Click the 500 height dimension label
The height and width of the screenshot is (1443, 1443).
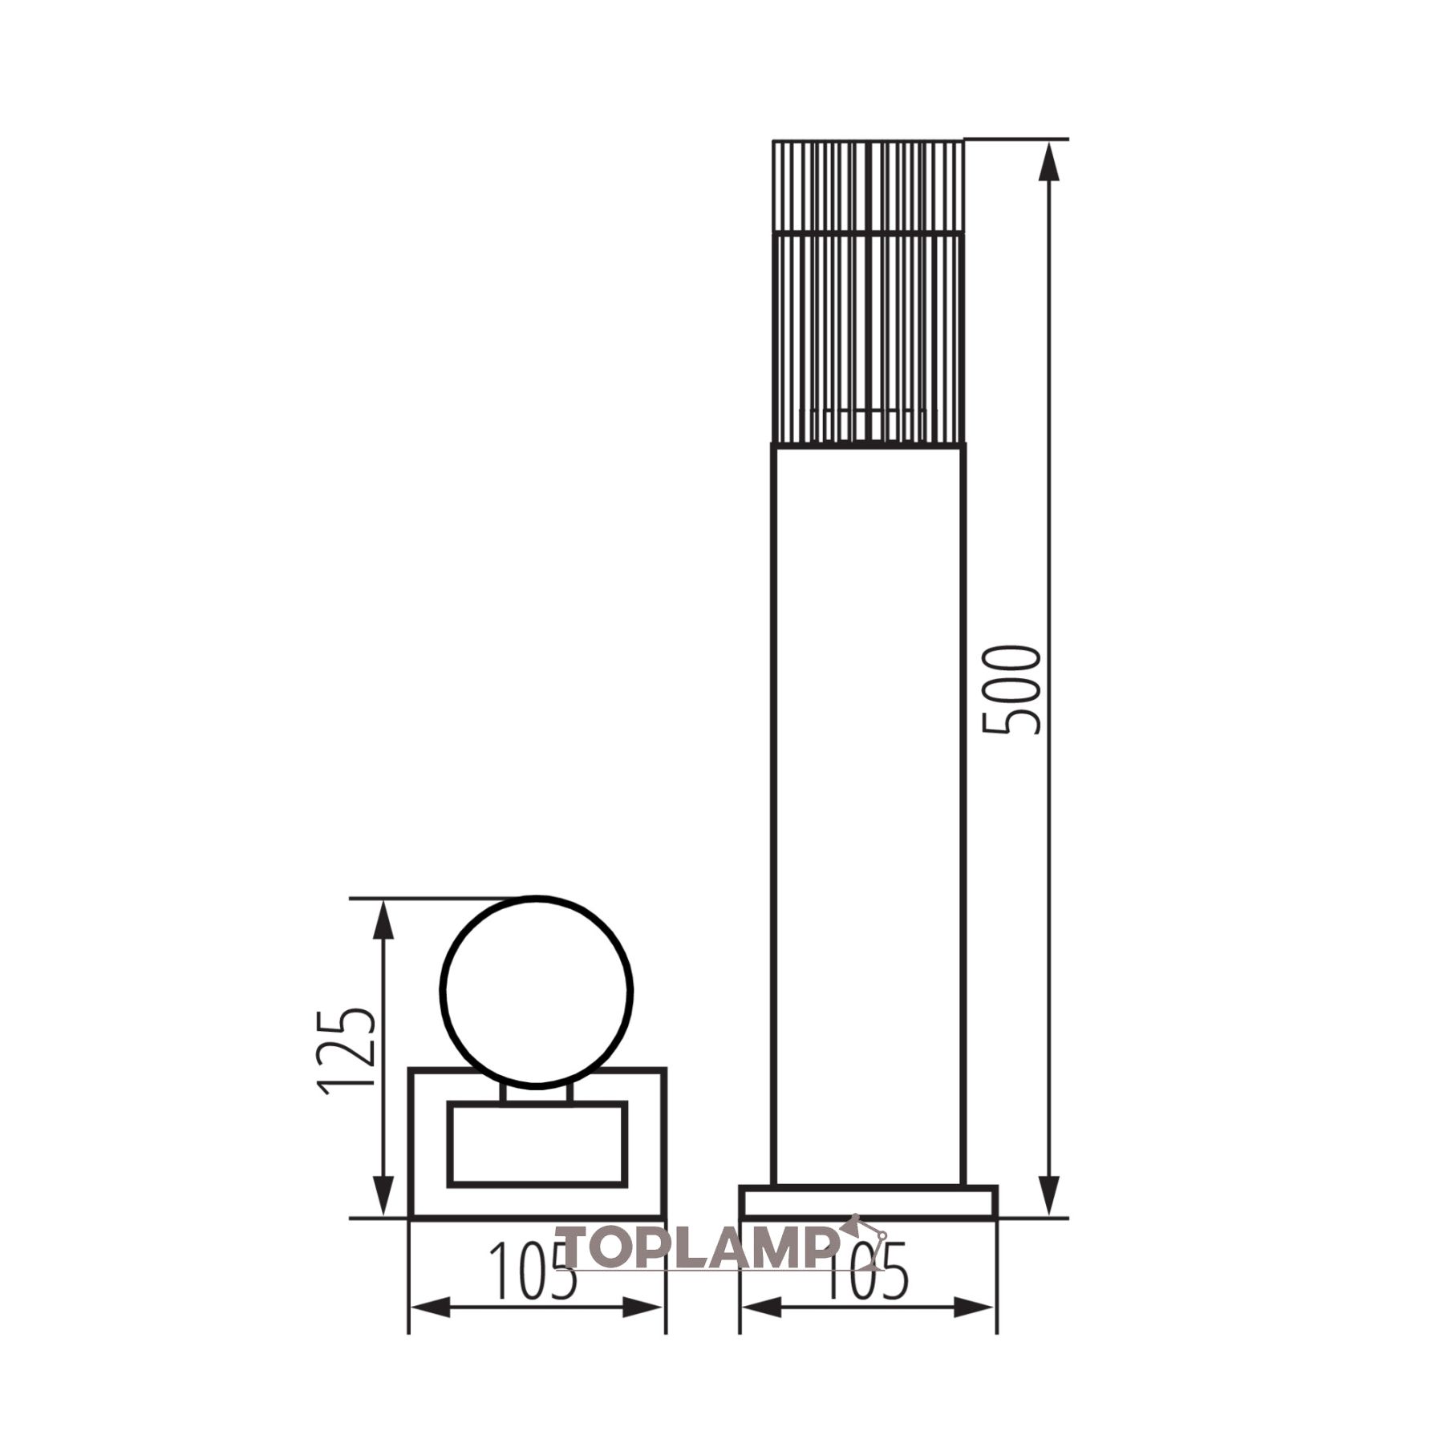[x=1011, y=689]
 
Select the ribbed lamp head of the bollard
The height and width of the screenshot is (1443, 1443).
[x=868, y=292]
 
